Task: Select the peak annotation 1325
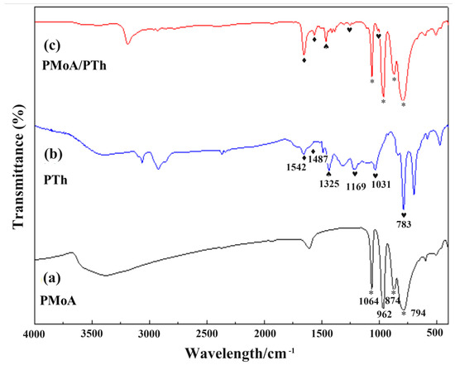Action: (x=330, y=184)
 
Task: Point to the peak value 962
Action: (x=384, y=315)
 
